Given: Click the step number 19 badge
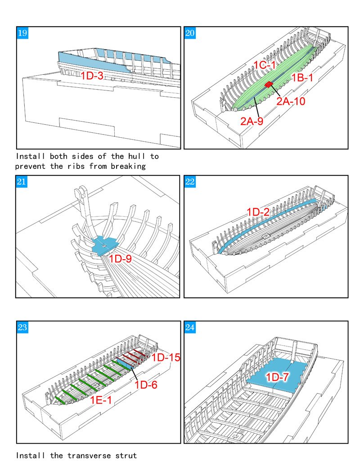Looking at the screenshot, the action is coord(22,33).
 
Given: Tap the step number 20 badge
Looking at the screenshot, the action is coord(190,33).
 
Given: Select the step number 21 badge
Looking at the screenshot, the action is coord(22,182).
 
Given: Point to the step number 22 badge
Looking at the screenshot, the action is coord(190,182).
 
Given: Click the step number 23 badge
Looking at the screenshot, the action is coord(22,327).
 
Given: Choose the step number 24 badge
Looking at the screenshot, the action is coord(190,327).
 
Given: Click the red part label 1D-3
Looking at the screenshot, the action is coord(92,76).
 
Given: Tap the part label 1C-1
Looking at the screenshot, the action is coord(264,65).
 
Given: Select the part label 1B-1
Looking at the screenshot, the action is coord(302,78).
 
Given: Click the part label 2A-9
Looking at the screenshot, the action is coord(252,121).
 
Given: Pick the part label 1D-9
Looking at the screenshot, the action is coord(120,258).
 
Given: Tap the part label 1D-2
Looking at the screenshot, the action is coord(258,212).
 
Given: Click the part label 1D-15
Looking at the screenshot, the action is coord(166,357).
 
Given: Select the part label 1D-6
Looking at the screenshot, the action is coord(146,385).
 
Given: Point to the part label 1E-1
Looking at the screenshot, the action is coord(101,400).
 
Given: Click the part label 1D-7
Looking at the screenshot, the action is coord(277,377).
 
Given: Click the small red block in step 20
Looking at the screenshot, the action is coord(269,85).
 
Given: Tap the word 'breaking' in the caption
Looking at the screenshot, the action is coord(128,166).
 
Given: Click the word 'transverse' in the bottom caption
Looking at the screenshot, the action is coord(89,455).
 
